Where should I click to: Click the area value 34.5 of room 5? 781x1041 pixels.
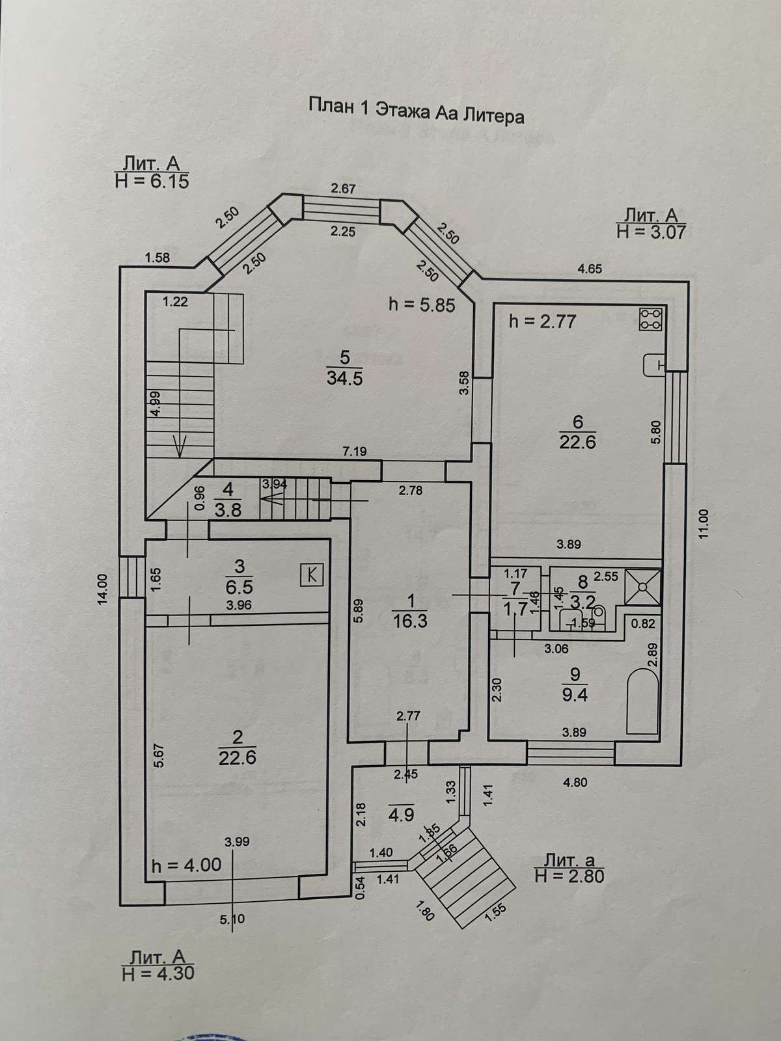(345, 378)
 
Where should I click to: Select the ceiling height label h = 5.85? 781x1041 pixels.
(421, 304)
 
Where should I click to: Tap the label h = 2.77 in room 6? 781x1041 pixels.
(542, 321)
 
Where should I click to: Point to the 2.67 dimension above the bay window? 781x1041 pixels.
(343, 189)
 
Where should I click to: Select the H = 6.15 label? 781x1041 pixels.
(152, 182)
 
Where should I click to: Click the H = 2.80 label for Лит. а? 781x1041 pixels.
(569, 876)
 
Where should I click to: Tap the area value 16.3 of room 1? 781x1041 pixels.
(410, 621)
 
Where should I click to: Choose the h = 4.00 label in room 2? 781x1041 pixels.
(186, 865)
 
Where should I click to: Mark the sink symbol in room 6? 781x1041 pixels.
(653, 365)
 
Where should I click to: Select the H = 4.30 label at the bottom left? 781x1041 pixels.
(158, 973)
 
